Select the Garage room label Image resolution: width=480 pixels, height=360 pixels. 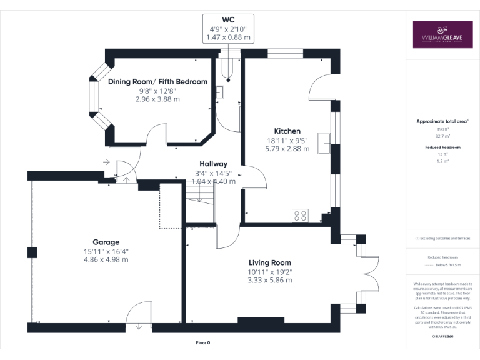pos(106,242)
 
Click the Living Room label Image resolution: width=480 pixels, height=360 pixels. pos(269,262)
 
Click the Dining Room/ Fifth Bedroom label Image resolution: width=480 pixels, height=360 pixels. pos(157,82)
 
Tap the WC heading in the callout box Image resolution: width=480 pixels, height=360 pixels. pos(228,20)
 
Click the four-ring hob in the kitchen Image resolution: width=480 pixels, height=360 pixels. pos(300,216)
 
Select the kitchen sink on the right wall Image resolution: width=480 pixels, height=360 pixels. pos(324,143)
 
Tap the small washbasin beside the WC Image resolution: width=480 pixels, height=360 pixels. pos(221,92)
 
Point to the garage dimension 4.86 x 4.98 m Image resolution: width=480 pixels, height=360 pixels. pos(106,259)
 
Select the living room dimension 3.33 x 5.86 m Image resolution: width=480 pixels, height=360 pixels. pos(269,280)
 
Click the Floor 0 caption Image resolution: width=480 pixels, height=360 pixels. pos(203,343)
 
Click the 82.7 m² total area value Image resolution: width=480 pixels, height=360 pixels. pos(442,135)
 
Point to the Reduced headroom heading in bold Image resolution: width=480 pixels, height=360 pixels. pos(442,147)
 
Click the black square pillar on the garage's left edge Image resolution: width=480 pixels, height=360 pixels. pos(31,252)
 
